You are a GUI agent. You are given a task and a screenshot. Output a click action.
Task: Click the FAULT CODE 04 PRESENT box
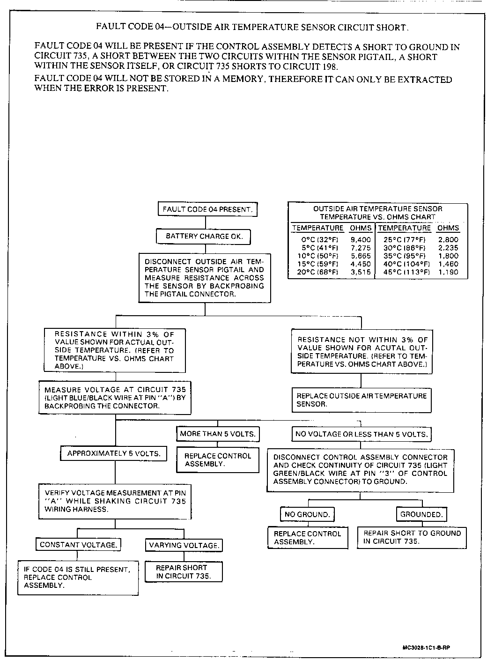(207, 209)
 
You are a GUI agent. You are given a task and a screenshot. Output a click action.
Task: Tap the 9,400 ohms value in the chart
(361, 240)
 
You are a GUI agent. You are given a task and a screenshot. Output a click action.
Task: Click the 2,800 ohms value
(448, 240)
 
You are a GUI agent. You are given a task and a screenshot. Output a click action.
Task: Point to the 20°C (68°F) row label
(318, 272)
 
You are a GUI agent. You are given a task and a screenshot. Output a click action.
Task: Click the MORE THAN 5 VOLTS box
(218, 434)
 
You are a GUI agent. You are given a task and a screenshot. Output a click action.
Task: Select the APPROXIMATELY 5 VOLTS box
(114, 453)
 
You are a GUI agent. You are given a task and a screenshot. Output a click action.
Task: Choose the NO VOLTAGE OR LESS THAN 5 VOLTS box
(361, 434)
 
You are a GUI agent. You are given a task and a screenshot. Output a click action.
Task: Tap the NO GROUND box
(307, 514)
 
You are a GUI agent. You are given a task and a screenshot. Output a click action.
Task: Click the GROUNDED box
(421, 514)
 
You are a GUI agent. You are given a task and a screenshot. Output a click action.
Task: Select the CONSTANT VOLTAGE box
(78, 545)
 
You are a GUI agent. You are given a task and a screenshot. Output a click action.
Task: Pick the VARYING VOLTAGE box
(184, 545)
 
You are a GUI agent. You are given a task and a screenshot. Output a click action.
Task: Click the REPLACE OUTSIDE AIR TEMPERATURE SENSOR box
(361, 400)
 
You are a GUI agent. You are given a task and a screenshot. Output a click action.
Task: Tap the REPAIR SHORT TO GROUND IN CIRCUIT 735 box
(412, 537)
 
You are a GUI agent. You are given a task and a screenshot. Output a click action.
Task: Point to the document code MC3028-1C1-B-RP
(426, 648)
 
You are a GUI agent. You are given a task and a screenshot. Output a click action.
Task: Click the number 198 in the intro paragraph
(327, 67)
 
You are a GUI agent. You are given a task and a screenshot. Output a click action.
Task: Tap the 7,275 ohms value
(361, 248)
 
